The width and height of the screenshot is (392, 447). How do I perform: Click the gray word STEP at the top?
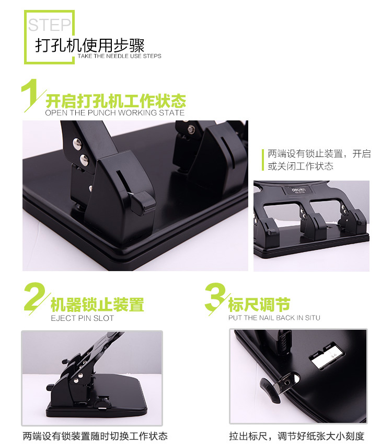click(49, 25)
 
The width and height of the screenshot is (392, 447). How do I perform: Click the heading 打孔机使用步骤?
click(90, 46)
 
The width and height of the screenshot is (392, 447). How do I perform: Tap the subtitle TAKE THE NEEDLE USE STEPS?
click(120, 56)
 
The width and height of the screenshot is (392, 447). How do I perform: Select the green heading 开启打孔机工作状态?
click(116, 100)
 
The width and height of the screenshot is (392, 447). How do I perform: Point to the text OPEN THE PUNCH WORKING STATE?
click(114, 113)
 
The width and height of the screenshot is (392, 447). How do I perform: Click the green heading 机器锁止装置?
click(97, 305)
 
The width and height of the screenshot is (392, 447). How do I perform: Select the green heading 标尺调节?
click(259, 305)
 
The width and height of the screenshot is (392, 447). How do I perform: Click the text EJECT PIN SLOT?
click(82, 318)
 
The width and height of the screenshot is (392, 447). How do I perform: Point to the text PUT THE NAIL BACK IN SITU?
click(274, 318)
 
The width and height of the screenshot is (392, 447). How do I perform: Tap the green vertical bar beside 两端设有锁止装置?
click(263, 160)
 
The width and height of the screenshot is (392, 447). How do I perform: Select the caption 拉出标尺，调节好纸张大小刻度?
click(297, 436)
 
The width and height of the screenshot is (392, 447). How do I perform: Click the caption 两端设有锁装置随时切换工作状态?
click(95, 436)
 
